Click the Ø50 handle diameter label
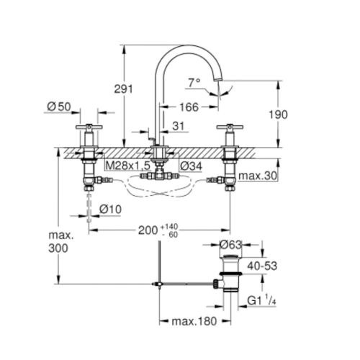click(58, 107)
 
